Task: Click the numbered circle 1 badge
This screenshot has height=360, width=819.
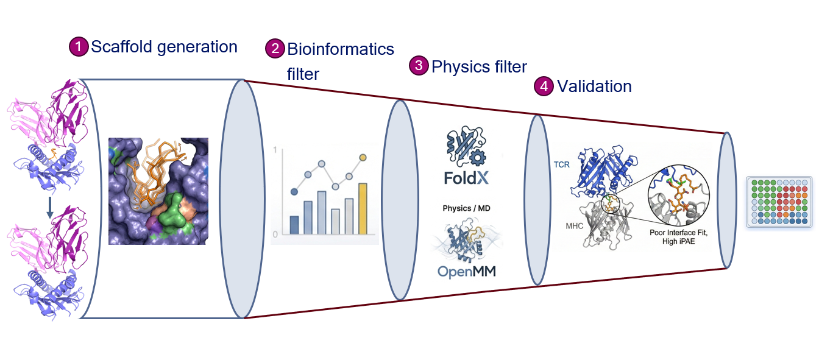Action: click(x=79, y=47)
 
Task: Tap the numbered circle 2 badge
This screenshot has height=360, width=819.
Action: click(x=275, y=49)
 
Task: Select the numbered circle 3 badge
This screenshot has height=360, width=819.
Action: click(x=419, y=66)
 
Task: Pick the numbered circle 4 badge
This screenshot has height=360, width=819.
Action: click(x=544, y=86)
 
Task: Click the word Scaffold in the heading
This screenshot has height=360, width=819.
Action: click(x=121, y=47)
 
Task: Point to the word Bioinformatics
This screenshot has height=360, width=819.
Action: click(x=341, y=49)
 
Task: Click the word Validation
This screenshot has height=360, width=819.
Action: click(x=594, y=86)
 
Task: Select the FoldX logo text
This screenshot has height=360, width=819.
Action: click(x=466, y=178)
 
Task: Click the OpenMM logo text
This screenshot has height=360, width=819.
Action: click(x=467, y=272)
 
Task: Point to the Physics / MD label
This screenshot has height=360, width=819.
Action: click(x=466, y=208)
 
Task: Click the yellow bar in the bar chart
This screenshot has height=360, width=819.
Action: click(x=363, y=208)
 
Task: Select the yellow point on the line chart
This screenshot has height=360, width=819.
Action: click(x=363, y=158)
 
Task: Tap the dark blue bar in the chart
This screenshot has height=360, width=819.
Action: click(x=294, y=225)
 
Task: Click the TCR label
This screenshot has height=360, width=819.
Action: click(x=562, y=165)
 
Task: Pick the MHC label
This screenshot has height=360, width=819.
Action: click(x=575, y=226)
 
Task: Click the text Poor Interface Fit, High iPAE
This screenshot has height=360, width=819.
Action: click(x=679, y=237)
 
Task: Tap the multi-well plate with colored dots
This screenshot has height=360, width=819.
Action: click(x=780, y=202)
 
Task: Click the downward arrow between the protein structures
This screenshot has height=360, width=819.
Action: click(x=50, y=208)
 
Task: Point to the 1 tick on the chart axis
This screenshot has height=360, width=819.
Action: click(x=275, y=149)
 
